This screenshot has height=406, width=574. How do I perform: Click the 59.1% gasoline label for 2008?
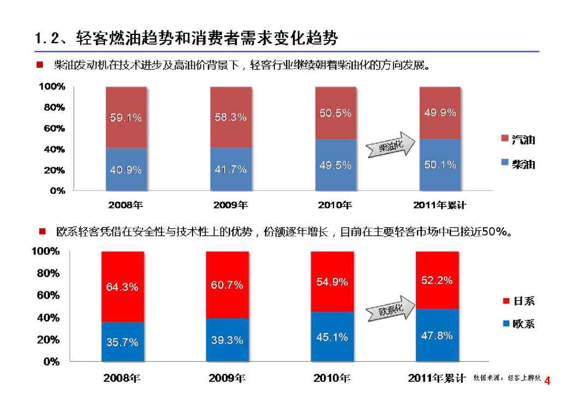point(126,117)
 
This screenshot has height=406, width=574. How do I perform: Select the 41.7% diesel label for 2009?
point(230,170)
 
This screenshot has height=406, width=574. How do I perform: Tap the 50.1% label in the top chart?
point(440,165)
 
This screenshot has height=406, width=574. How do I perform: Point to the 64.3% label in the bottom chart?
point(122,287)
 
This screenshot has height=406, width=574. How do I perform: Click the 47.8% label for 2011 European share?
point(437,336)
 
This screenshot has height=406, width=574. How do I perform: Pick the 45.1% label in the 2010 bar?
point(332,337)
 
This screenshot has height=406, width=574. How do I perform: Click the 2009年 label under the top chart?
point(230,205)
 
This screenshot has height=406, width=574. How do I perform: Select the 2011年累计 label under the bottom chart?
point(437,378)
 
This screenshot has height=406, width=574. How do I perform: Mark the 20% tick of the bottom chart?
point(48,339)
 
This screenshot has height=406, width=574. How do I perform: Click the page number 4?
point(548,381)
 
